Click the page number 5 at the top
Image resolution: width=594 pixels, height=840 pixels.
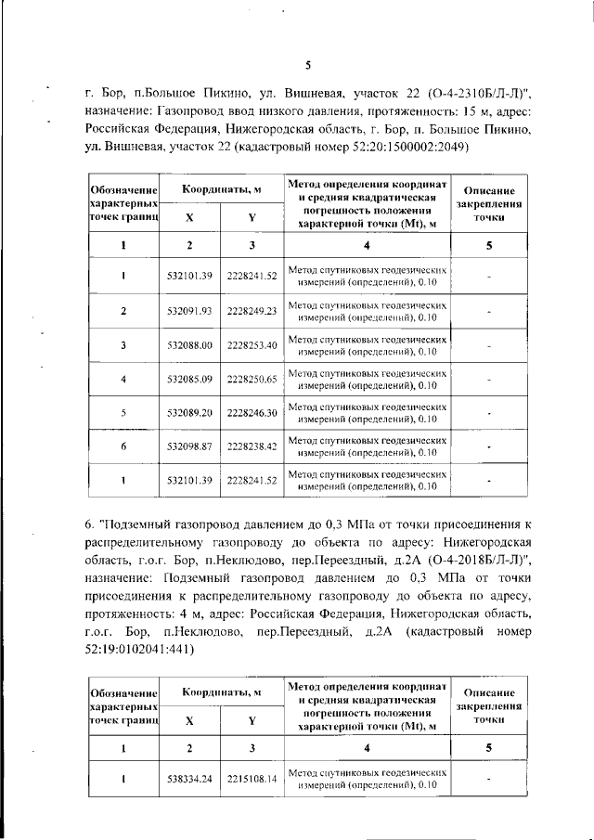307,64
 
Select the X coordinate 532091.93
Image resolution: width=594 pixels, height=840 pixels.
189,310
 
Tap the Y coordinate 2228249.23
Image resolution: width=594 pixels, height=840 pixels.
252,310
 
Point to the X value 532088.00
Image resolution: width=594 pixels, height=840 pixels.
189,345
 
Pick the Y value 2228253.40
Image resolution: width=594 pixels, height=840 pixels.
252,345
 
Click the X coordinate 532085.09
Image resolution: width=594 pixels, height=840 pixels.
189,379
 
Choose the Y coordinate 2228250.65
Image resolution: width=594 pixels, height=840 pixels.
252,379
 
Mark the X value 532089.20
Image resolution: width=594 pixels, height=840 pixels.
189,412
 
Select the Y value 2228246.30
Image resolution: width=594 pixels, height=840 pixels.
252,412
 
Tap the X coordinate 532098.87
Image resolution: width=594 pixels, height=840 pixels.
189,446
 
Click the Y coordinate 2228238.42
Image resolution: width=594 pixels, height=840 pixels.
252,446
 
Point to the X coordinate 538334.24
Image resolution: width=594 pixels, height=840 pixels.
189,779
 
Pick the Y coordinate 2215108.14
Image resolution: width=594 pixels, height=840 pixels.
252,779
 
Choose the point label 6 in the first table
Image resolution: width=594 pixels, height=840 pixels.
123,446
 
